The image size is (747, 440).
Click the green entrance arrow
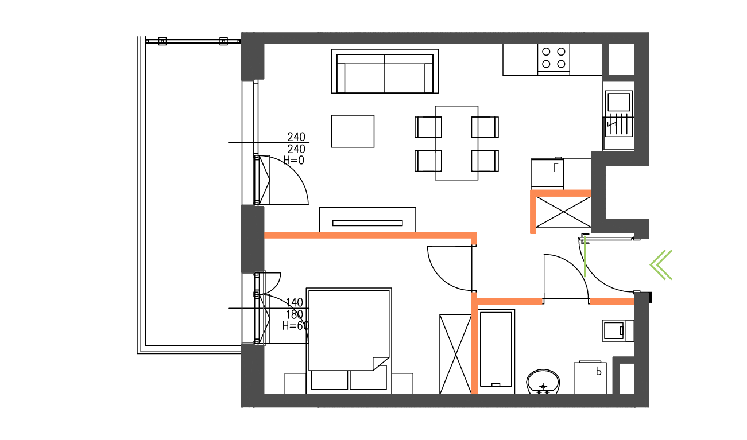[x=661, y=264]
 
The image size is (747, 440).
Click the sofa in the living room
[x=385, y=72]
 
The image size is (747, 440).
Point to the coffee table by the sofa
[x=353, y=131]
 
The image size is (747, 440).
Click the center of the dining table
[x=456, y=143]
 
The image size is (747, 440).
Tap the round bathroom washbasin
[x=543, y=381]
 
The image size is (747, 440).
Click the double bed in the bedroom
[x=349, y=330]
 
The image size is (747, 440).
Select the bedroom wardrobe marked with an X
[x=455, y=353]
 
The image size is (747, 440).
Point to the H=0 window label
[x=294, y=161]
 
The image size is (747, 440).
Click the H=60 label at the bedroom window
[x=296, y=326]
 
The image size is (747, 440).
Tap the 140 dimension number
[x=294, y=302]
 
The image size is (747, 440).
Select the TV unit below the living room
[x=367, y=220]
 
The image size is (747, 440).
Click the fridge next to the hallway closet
[x=548, y=173]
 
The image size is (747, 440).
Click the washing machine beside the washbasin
[x=590, y=377]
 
